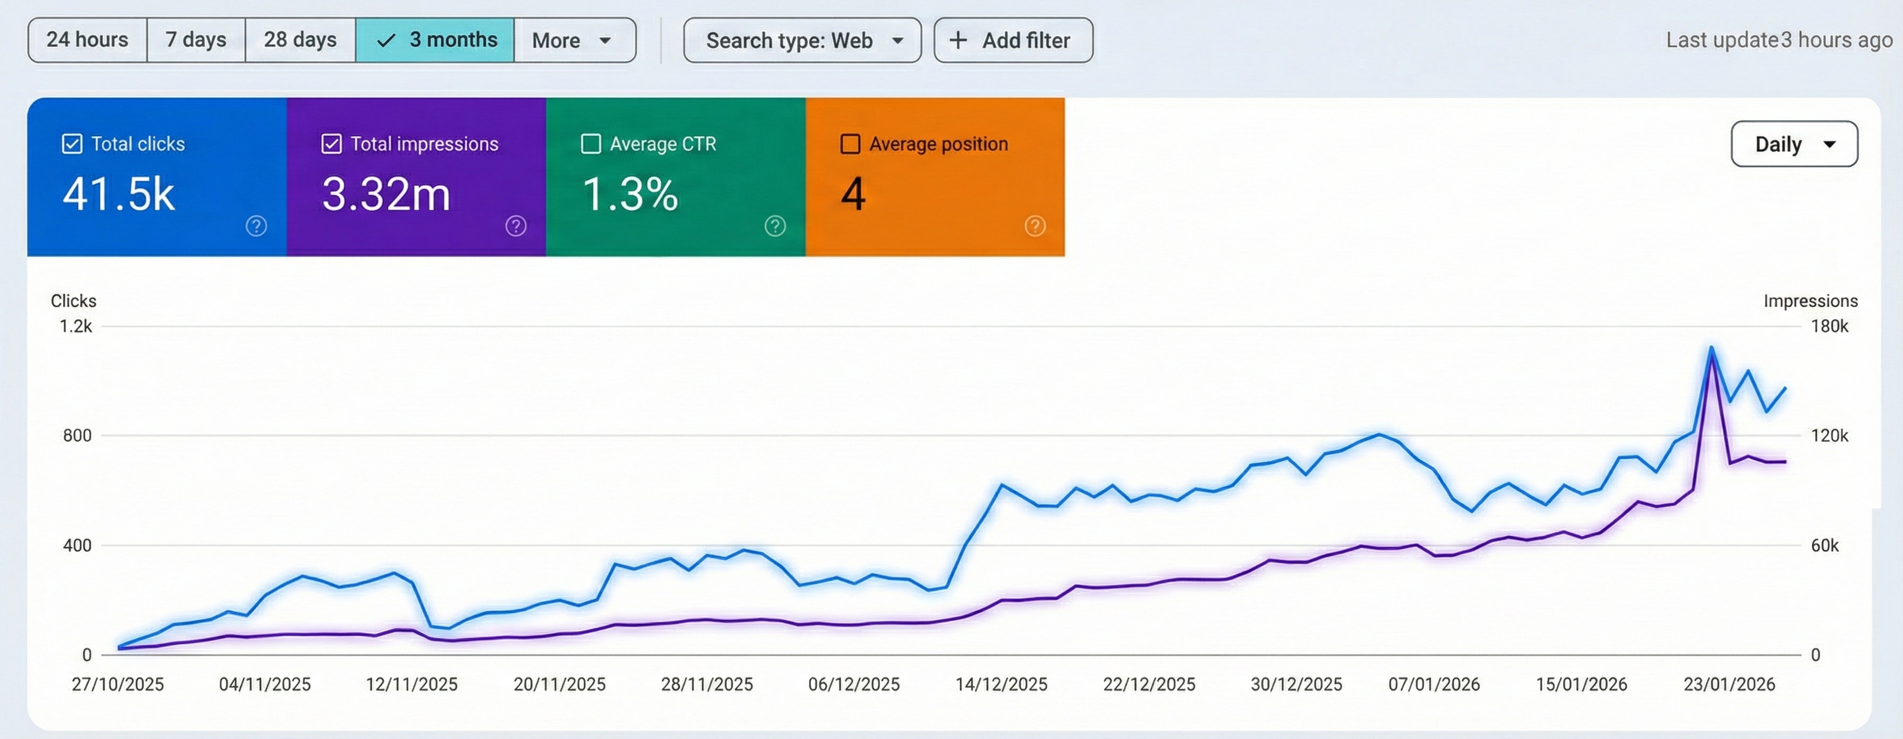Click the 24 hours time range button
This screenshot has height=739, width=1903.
(x=87, y=40)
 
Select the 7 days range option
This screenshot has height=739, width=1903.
(x=196, y=40)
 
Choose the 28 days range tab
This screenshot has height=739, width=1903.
(x=300, y=40)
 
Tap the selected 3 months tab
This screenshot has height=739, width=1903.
(x=435, y=40)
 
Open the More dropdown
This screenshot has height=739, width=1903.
(x=573, y=40)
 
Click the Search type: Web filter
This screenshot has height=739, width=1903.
(x=803, y=40)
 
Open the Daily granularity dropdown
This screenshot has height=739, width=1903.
(x=1794, y=144)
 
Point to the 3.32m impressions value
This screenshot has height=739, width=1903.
(x=386, y=195)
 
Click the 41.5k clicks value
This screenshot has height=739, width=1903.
(x=119, y=195)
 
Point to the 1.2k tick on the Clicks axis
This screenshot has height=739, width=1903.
(x=76, y=326)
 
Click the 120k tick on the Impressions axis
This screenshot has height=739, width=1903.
(x=1829, y=435)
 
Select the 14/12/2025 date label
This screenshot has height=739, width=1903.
(x=1001, y=684)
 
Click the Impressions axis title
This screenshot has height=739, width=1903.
(x=1810, y=301)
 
